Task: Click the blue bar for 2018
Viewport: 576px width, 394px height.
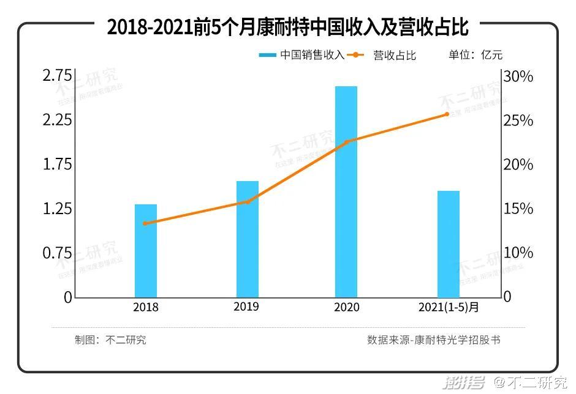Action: pos(146,251)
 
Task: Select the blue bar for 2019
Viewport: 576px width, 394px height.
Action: pos(248,239)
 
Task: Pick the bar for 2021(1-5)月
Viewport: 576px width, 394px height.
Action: pos(449,244)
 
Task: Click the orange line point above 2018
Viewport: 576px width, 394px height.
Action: pos(145,223)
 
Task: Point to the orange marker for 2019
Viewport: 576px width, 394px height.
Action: pos(248,201)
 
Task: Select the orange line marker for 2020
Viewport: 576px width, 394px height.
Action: pos(346,142)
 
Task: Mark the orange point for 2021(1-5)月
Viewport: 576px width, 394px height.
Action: pos(447,114)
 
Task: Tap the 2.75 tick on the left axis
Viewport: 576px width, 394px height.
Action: pos(57,76)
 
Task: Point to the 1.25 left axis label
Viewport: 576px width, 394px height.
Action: pos(57,209)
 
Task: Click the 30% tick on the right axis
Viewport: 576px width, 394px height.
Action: pos(518,76)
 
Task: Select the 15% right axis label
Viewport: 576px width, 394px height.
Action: pos(518,209)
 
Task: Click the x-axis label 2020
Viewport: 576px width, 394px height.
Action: pos(347,307)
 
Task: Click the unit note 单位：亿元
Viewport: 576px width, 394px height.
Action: pos(476,55)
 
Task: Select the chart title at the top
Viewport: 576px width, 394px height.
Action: pos(287,28)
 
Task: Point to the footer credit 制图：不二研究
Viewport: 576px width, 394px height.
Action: pos(110,340)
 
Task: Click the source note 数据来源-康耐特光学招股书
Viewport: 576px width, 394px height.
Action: pos(433,340)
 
